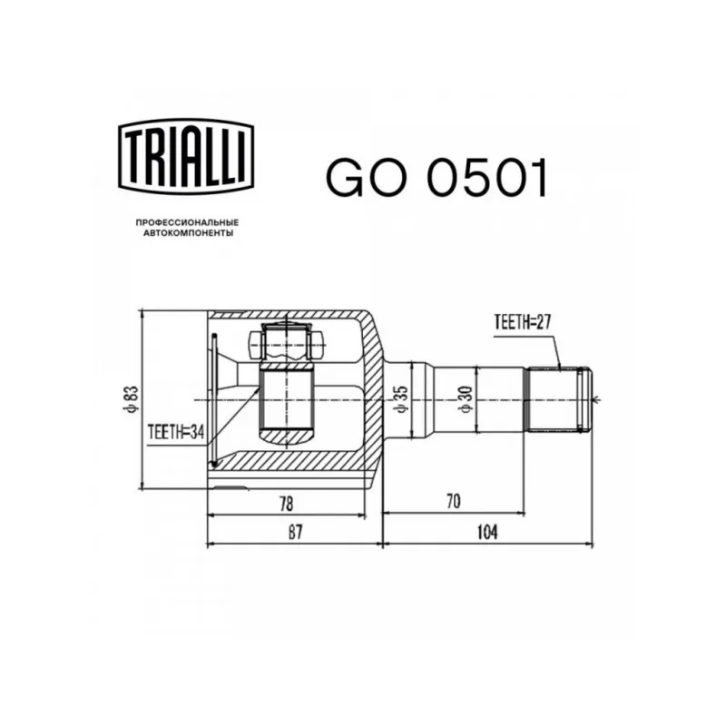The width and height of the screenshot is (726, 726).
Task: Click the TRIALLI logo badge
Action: (186, 155)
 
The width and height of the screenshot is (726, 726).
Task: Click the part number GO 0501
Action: (437, 178)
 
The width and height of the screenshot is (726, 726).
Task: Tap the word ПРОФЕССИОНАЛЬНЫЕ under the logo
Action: (187, 222)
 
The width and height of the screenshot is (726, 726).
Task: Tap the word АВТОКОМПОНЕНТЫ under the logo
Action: (188, 233)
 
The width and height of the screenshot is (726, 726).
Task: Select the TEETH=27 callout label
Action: (523, 322)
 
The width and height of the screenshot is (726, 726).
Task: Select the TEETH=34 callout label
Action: (176, 432)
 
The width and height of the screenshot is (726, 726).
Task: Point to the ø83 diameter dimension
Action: (131, 399)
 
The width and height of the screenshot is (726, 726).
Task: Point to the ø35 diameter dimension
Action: (401, 399)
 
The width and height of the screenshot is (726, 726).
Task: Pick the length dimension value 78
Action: (287, 505)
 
